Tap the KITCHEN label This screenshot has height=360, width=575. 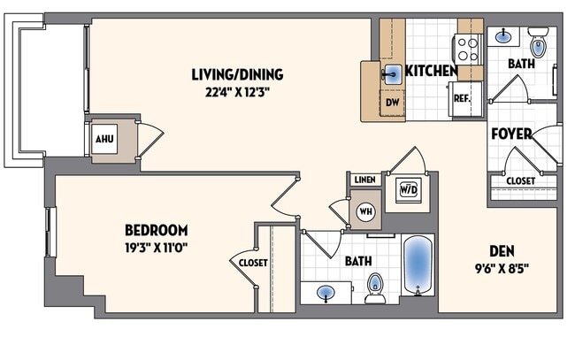431,71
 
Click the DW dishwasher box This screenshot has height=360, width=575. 393,103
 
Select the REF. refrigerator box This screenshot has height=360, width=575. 462,99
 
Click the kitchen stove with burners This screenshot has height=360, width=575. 468,47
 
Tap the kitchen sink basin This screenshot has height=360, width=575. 392,73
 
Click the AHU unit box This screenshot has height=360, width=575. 105,139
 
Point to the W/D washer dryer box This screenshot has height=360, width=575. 409,189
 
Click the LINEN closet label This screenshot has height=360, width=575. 364,180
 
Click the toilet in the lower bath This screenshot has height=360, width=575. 375,287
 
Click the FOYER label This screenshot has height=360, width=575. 512,134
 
